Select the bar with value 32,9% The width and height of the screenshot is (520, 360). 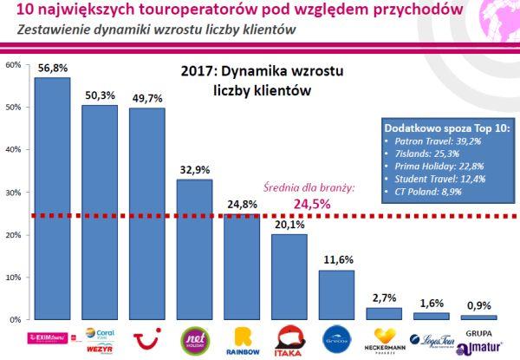click(193, 251)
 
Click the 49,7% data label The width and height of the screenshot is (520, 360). click(146, 97)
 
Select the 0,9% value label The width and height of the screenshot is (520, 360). click(478, 305)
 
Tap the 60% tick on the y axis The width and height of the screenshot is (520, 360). click(12, 65)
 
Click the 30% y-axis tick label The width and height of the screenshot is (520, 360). click(12, 193)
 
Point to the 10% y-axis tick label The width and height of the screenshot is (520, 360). click(12, 278)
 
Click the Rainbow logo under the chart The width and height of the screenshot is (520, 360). click(241, 339)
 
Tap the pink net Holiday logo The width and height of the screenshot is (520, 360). click(193, 337)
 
